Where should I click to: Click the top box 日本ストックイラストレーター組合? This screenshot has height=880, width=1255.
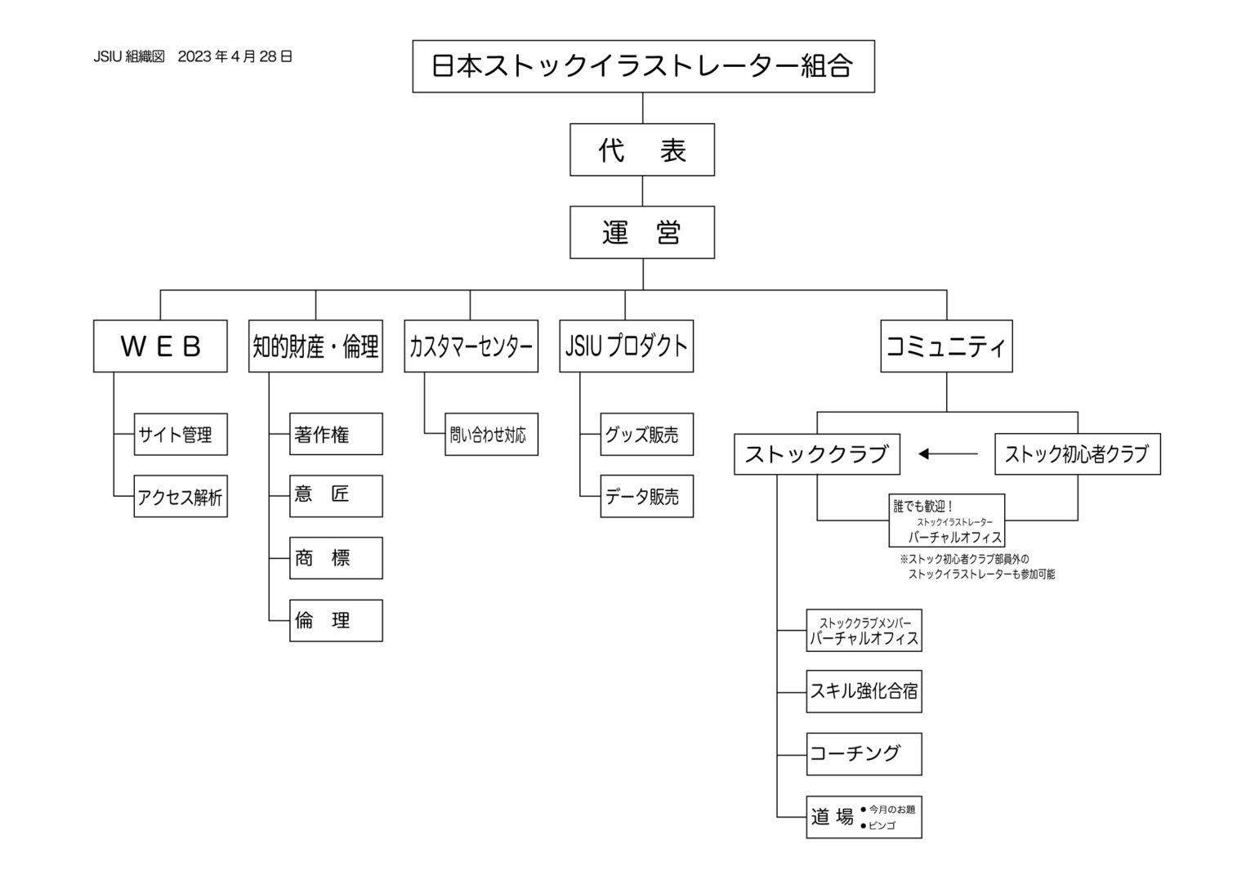[x=643, y=66]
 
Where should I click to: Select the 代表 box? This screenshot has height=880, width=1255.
[x=642, y=150]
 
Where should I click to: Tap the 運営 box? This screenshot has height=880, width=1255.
[x=642, y=233]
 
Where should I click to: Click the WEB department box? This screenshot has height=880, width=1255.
[x=160, y=346]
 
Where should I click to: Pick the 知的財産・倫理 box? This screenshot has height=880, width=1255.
[x=315, y=346]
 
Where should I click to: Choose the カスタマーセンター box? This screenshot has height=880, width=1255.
[x=471, y=346]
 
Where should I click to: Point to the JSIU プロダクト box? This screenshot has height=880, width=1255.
[x=626, y=346]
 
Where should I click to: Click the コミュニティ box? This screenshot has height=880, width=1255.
[x=946, y=346]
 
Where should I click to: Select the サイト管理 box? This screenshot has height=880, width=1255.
[x=181, y=435]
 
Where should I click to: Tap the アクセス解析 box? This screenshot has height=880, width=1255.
[x=181, y=497]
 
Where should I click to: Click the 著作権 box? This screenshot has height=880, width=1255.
[x=336, y=435]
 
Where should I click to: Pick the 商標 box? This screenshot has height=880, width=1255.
[x=336, y=559]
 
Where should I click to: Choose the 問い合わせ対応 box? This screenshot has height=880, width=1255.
[x=491, y=435]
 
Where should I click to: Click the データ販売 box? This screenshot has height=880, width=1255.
[x=646, y=497]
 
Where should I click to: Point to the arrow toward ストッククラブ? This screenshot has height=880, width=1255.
[x=948, y=453]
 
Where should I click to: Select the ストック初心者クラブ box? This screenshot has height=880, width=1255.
[x=1077, y=454]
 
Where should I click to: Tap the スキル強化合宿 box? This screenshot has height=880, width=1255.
[x=864, y=691]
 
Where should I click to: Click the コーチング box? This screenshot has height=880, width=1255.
[x=864, y=753]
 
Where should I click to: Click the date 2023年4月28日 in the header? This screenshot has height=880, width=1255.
[x=234, y=56]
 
